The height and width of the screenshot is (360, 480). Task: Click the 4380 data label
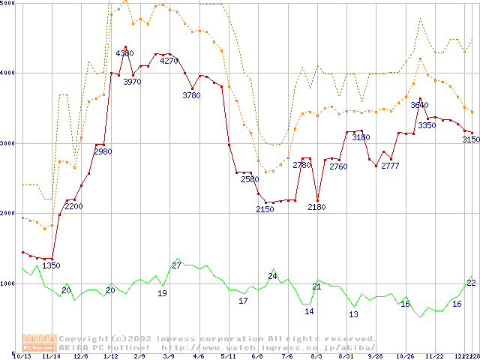[x=125, y=54]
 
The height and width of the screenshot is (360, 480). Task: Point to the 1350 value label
[x=51, y=265]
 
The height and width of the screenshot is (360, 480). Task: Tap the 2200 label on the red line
[x=73, y=206]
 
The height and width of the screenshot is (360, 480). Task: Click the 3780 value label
[x=191, y=95]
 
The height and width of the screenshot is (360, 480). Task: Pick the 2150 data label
[x=265, y=209]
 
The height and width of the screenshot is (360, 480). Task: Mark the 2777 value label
[x=390, y=166]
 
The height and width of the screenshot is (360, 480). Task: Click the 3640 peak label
[x=420, y=106]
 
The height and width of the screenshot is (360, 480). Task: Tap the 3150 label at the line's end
[x=471, y=139]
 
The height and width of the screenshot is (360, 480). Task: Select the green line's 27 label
[x=177, y=265]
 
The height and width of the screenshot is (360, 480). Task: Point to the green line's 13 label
[x=354, y=314]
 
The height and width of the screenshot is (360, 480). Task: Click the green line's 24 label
[x=273, y=276]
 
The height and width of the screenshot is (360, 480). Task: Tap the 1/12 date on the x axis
[x=110, y=356]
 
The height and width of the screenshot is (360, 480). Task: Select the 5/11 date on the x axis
[x=229, y=356]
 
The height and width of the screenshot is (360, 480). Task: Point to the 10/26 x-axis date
[x=406, y=356]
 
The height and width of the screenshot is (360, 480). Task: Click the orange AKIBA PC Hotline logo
[x=39, y=343]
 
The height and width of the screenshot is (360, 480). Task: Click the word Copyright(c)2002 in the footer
[x=95, y=338]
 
